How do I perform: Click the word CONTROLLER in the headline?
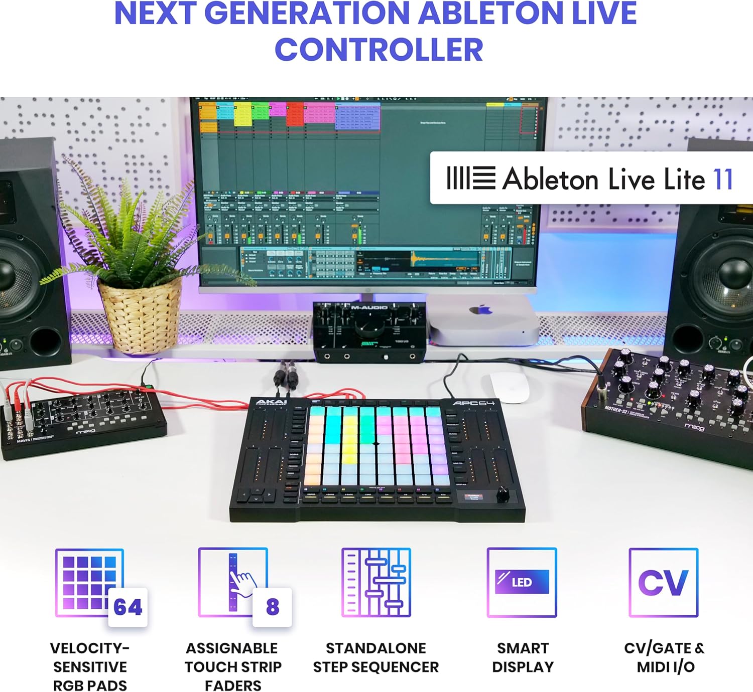379,50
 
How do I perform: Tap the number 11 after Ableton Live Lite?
723,179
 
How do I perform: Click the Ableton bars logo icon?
471,178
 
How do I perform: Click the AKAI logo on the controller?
271,403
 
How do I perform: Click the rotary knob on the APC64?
503,495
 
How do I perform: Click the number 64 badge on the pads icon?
128,607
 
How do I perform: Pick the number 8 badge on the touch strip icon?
272,607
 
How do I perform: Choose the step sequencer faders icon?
376,582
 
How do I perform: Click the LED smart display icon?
522,582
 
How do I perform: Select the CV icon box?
664,582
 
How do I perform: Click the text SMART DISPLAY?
523,657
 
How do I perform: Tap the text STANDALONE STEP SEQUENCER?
376,657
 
